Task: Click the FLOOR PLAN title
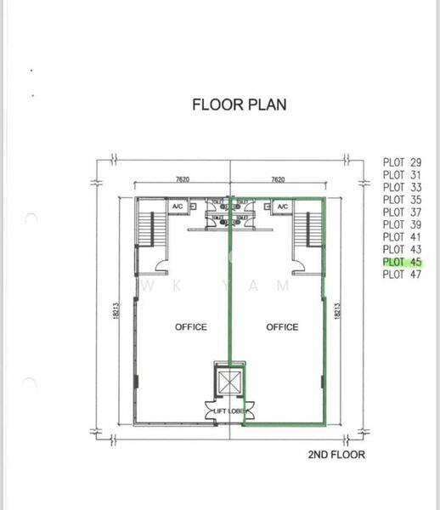coord(240,105)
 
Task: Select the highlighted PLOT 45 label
coord(403,262)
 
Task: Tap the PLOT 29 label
coord(403,162)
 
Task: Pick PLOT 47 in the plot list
coord(403,275)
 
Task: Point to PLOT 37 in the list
coord(403,212)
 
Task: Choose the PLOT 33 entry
coord(403,187)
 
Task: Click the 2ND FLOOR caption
coord(336,455)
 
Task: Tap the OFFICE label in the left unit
coord(191,327)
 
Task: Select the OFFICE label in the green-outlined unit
coord(282,327)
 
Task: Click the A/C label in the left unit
coord(178,207)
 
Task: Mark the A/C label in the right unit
coord(283,207)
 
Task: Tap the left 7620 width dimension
coord(183,180)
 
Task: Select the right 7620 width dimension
coord(277,180)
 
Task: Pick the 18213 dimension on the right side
coord(339,311)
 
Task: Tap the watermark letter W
coord(151,286)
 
